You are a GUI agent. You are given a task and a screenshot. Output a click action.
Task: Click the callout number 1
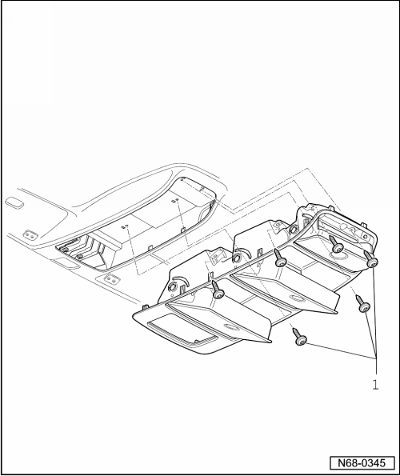375,385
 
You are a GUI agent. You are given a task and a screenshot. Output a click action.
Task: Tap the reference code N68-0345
362,463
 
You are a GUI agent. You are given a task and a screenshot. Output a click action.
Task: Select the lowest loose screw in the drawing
299,337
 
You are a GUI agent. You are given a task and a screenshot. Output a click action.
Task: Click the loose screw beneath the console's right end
361,304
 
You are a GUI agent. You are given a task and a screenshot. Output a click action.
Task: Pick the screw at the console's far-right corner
370,259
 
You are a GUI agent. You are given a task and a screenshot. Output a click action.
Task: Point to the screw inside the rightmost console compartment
336,246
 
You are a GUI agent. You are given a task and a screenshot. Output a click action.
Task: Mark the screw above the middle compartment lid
281,258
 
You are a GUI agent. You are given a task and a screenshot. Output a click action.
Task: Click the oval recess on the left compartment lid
231,328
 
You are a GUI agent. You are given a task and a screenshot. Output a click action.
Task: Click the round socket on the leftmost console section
171,286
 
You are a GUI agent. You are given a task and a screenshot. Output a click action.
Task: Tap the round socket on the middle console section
235,259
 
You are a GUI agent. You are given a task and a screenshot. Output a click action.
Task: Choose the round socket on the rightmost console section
294,229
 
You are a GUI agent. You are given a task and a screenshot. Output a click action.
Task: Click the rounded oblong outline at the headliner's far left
14,202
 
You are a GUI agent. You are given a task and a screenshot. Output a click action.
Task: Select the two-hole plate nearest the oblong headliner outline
30,234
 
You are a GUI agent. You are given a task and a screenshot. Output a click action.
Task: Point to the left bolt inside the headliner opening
64,250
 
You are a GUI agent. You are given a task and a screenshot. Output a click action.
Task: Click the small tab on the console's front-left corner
145,307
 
